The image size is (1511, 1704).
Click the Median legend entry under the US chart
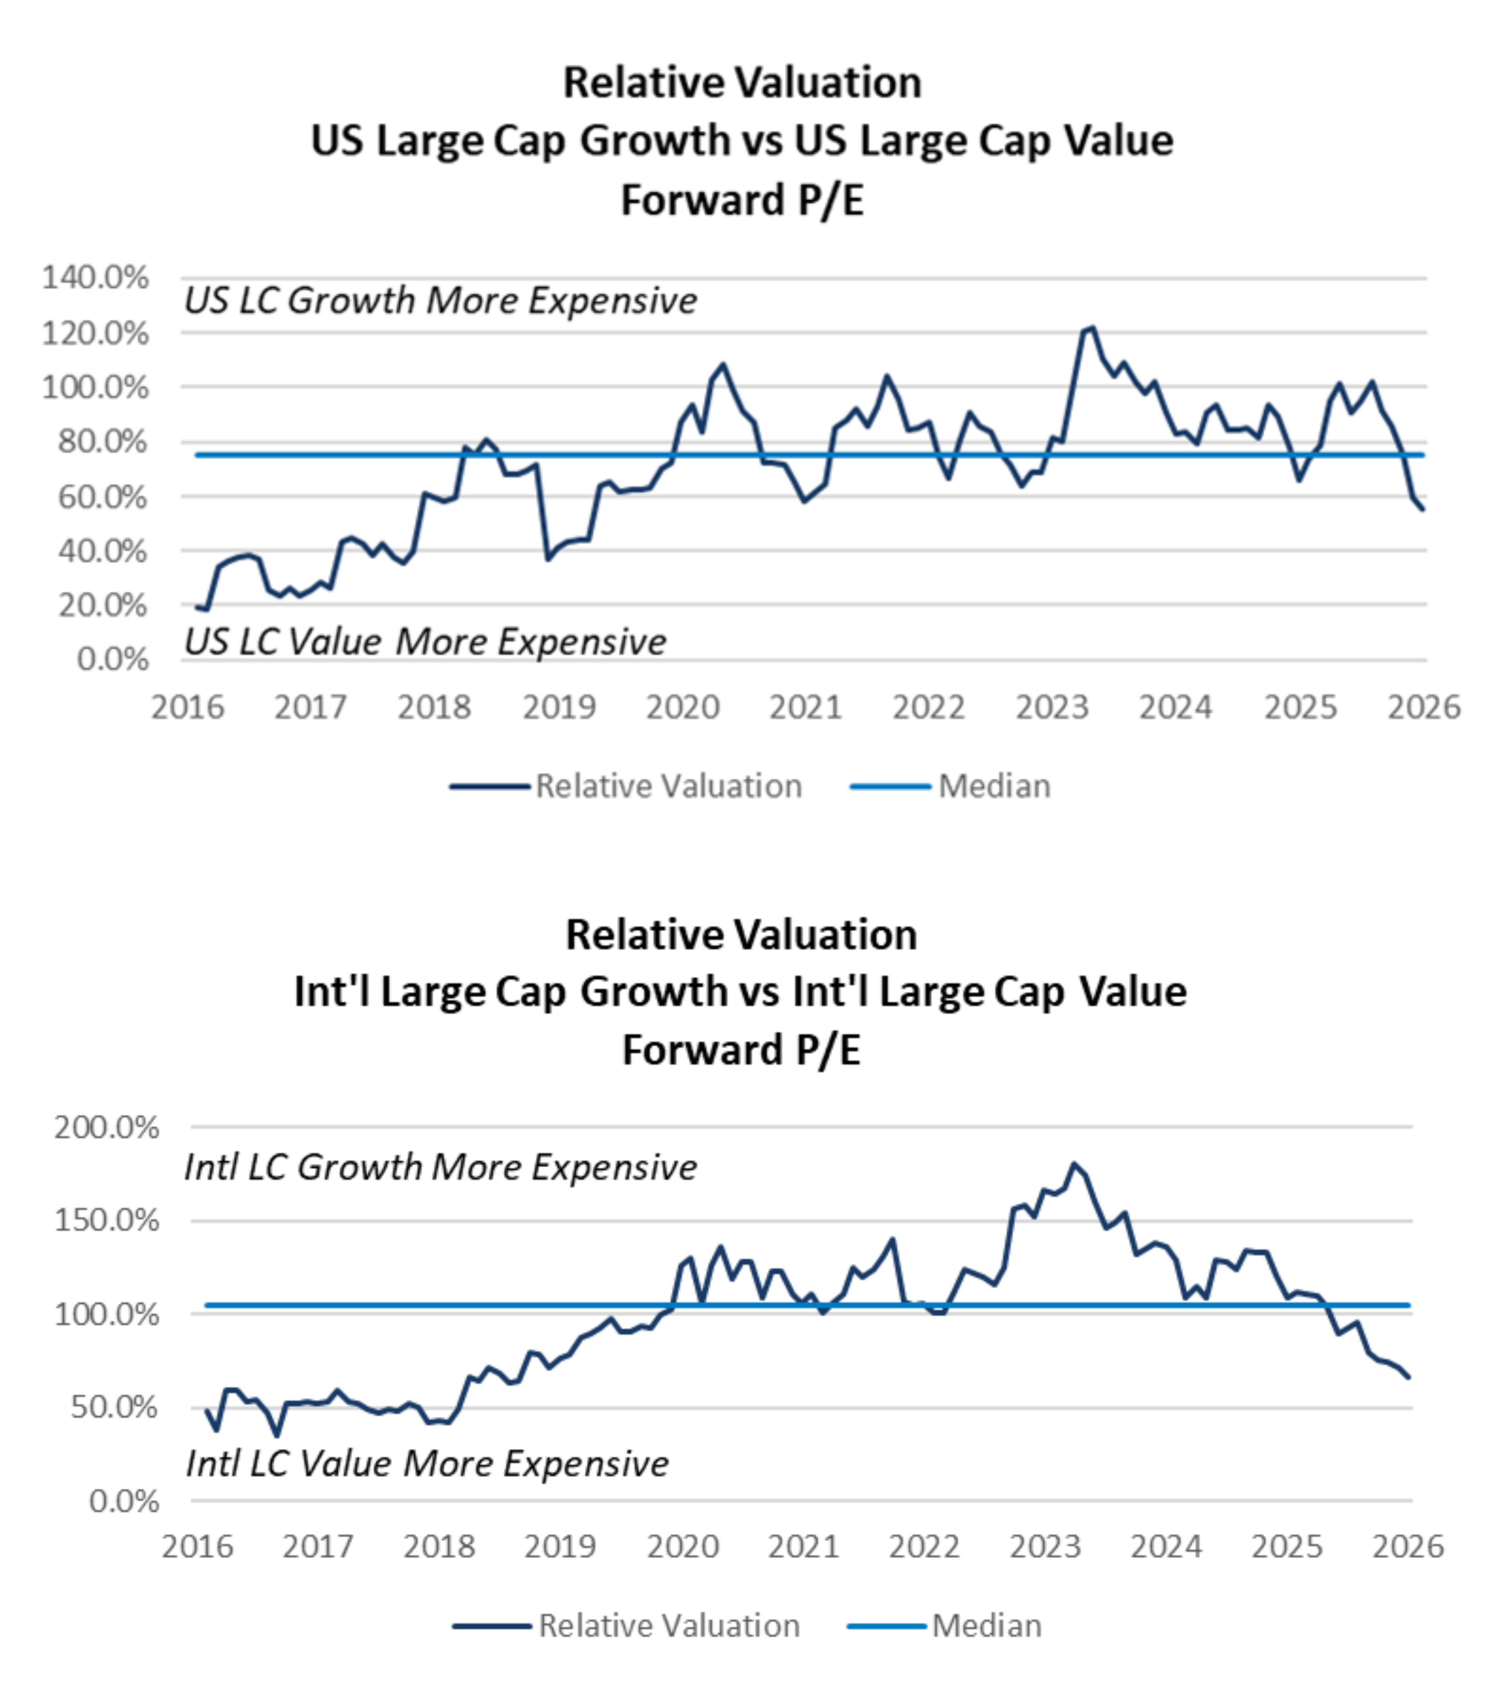tap(994, 786)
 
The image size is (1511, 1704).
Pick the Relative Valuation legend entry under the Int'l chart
tap(669, 1626)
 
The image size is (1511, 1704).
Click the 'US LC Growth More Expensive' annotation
tap(440, 300)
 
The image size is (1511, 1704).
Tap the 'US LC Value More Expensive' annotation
tap(425, 642)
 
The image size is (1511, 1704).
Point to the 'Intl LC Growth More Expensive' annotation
tap(440, 1167)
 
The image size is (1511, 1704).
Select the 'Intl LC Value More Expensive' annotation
tap(427, 1463)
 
